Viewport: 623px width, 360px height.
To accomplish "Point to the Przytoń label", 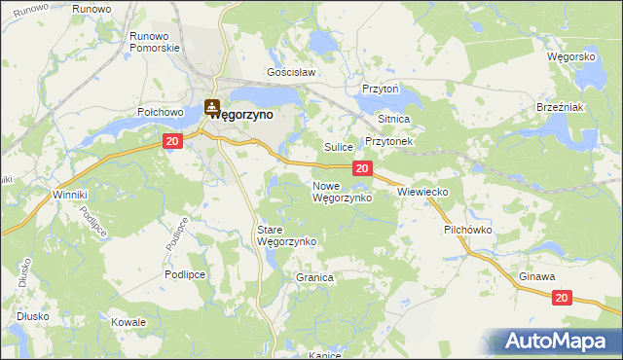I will click(x=381, y=88).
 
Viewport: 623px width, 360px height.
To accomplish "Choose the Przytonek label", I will click(x=389, y=141).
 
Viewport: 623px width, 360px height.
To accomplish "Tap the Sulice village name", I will click(x=338, y=147).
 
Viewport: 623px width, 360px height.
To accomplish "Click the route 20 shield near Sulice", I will click(x=361, y=169).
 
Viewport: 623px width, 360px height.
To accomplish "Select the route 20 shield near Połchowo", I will click(x=172, y=142).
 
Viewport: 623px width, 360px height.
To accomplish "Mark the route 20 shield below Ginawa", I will click(x=563, y=296).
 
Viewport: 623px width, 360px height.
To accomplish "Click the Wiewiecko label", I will click(x=422, y=193).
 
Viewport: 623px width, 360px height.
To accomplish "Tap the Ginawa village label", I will click(x=536, y=277).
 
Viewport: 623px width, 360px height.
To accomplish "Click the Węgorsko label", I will click(x=571, y=57).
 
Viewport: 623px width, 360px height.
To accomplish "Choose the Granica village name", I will click(x=314, y=277).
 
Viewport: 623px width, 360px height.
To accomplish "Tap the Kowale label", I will click(x=128, y=322).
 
